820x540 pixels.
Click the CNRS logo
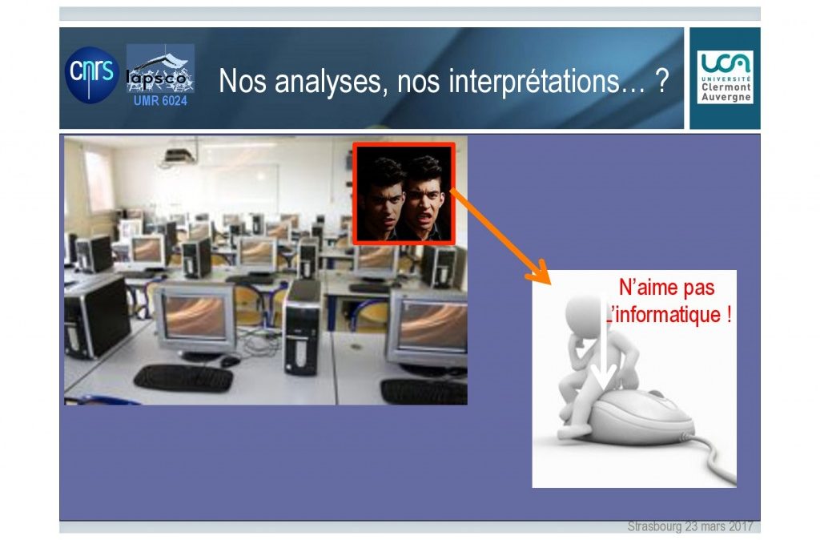coord(92,75)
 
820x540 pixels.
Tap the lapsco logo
coord(160,69)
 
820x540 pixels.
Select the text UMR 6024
coord(160,100)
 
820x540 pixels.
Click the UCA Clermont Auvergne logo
coord(726,77)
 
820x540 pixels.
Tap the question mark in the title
coord(661,80)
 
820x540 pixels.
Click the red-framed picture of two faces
coord(404,194)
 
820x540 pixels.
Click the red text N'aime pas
coord(667,287)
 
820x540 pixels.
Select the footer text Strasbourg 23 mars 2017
coord(690,526)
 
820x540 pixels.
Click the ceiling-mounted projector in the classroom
coord(179,155)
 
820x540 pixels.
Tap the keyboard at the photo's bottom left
coord(183,378)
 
